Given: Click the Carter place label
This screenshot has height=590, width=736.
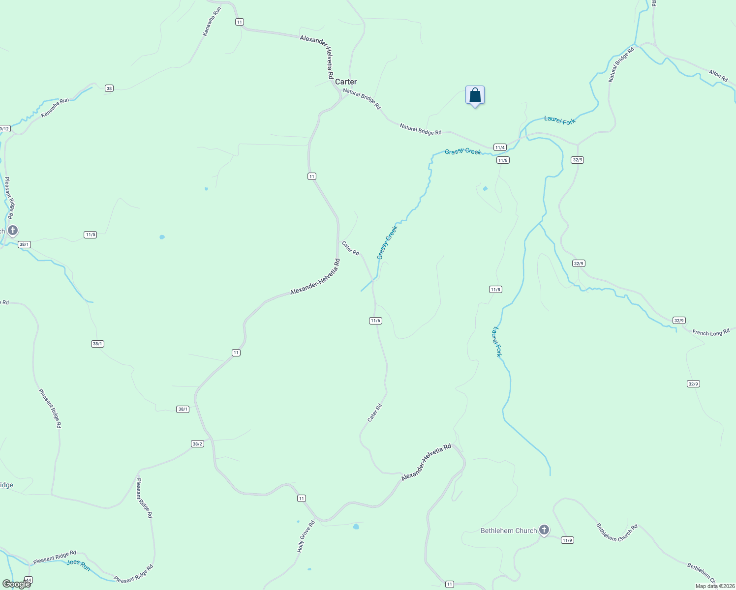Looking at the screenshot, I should [346, 82].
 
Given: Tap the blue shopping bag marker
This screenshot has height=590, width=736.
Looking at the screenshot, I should [475, 95].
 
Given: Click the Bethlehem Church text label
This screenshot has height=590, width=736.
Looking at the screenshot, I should [509, 531].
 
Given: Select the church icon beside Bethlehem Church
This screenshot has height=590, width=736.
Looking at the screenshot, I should [544, 530].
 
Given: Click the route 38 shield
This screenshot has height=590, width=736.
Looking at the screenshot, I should [109, 88].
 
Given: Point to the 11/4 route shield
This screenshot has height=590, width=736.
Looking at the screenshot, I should [500, 147].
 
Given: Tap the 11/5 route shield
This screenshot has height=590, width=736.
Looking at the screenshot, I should [91, 235].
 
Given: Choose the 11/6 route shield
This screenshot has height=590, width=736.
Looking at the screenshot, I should [375, 321].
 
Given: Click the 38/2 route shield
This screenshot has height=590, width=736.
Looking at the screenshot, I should [197, 444].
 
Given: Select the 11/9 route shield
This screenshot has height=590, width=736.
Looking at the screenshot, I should [567, 540].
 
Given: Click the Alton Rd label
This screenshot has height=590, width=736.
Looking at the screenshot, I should [718, 75].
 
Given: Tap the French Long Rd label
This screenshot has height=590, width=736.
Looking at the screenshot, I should [710, 333].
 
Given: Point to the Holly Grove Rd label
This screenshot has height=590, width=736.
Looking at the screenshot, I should [306, 537].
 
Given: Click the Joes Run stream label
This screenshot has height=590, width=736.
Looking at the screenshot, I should [79, 565].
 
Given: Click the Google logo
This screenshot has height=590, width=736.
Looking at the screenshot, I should [16, 584].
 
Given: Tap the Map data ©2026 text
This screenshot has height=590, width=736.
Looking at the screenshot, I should [714, 586].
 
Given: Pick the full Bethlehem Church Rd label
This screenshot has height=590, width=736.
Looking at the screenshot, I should [617, 532].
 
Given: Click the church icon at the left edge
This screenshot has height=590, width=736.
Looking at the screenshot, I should [13, 230].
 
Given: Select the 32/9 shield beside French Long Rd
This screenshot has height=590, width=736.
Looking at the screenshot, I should [679, 321].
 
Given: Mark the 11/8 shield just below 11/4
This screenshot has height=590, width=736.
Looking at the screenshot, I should [503, 160].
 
